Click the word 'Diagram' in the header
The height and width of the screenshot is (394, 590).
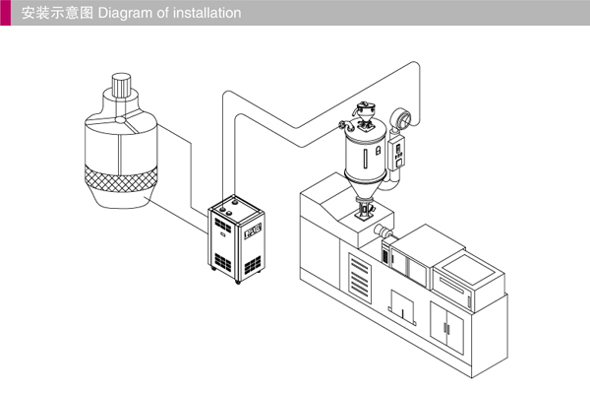coord(123,14)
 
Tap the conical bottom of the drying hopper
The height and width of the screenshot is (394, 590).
coord(367,192)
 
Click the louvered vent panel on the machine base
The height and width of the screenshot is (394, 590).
coord(361,271)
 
